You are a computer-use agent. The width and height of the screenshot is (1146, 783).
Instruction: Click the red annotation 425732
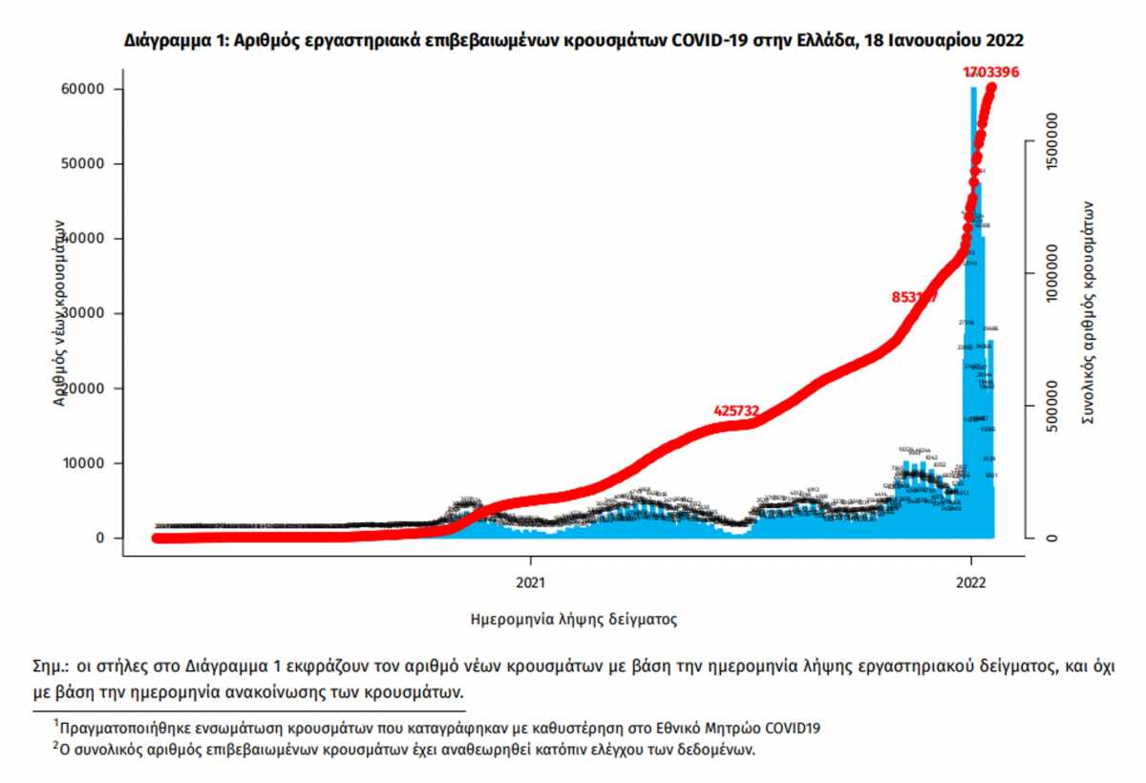click(x=736, y=411)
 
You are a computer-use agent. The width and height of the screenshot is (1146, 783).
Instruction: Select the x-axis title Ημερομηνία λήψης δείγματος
click(x=574, y=620)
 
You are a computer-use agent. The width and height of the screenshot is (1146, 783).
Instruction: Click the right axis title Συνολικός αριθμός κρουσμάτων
click(x=1088, y=313)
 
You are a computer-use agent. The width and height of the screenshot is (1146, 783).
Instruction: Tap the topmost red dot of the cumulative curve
click(x=992, y=88)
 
